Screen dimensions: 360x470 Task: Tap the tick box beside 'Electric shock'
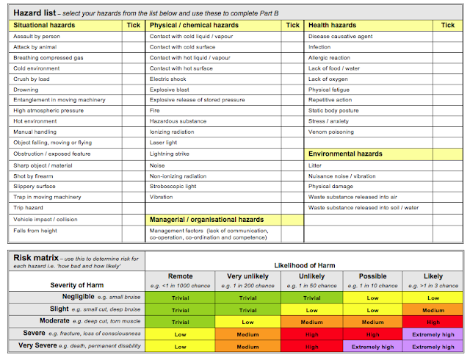[x=292, y=78]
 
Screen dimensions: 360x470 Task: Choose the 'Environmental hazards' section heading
[x=345, y=154]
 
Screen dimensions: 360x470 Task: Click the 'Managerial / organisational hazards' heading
[x=206, y=220]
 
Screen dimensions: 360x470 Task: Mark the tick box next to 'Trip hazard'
[x=133, y=209]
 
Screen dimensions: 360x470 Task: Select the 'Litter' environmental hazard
[x=316, y=165]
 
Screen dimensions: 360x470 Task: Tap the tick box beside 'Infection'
[x=448, y=46]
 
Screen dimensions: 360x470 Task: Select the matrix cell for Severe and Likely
[x=433, y=334]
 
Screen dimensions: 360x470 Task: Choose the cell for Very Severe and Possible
[x=373, y=346]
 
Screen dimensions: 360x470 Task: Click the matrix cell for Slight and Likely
[x=433, y=310]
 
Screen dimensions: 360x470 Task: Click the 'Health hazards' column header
[x=333, y=25]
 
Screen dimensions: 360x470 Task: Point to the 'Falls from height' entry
[x=36, y=231]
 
